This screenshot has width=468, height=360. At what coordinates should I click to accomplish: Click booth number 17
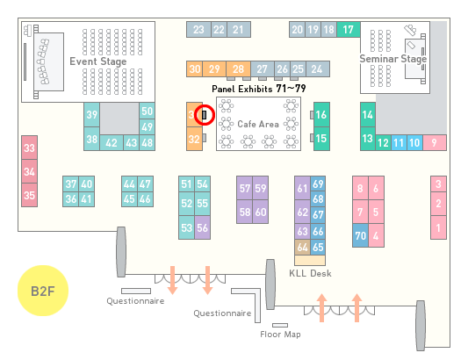[x=349, y=30]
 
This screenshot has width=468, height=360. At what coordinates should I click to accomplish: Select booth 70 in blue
[x=360, y=235]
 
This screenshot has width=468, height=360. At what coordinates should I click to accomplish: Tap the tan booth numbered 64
[x=302, y=247]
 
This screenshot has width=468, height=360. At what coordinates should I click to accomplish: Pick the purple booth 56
[x=202, y=227]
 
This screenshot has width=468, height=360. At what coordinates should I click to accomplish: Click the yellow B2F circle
[x=43, y=291]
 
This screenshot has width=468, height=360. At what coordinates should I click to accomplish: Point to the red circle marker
[x=205, y=115]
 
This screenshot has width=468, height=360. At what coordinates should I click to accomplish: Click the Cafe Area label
[x=258, y=124]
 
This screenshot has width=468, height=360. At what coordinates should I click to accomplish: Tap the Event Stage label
[x=98, y=61]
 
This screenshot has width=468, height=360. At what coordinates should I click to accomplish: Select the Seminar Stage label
[x=393, y=59]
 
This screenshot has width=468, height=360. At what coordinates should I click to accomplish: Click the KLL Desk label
[x=310, y=273]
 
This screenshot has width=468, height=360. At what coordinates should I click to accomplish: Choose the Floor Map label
[x=280, y=334]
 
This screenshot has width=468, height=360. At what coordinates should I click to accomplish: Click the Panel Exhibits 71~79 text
[x=258, y=89]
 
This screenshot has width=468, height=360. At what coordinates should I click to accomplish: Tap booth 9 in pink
[x=435, y=143]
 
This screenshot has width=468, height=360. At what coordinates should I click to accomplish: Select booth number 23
[x=198, y=30]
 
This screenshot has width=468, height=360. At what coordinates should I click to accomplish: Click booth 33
[x=29, y=148]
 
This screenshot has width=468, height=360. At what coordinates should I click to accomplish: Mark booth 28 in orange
[x=238, y=69]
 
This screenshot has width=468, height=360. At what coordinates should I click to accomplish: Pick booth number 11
[x=399, y=143]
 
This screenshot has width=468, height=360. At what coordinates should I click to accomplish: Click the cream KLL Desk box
[x=310, y=260]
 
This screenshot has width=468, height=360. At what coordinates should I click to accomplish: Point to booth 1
[x=438, y=227]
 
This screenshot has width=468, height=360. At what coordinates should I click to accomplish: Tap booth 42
[x=112, y=143]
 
